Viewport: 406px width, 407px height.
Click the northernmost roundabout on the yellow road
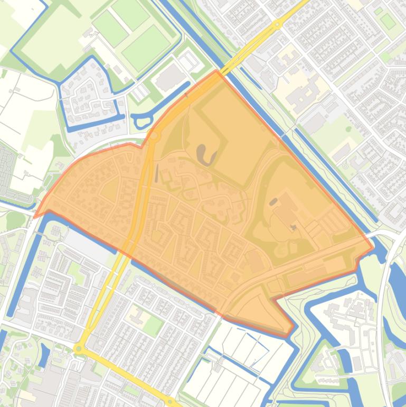[x=277, y=24]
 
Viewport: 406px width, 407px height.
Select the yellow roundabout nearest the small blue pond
[x=79, y=349]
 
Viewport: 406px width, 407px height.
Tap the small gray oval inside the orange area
[x=273, y=201]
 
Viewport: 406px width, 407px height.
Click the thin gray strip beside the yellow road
[x=156, y=172]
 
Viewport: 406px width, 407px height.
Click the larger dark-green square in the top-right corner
[x=388, y=21]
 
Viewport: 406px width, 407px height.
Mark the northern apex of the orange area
[x=216, y=70]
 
